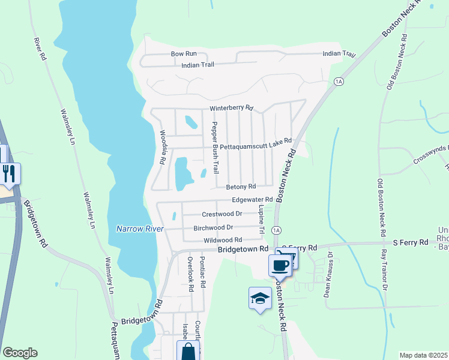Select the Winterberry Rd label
[x=231, y=109]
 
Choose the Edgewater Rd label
[x=253, y=199]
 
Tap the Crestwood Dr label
[x=221, y=214]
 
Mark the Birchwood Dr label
[x=213, y=228]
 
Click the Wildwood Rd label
[x=222, y=240]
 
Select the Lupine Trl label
[x=262, y=220]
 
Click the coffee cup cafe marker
[x=280, y=265]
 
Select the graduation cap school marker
[x=259, y=298]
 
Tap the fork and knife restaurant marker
[x=10, y=173]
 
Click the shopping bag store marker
[x=188, y=351]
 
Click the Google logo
[x=20, y=353]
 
